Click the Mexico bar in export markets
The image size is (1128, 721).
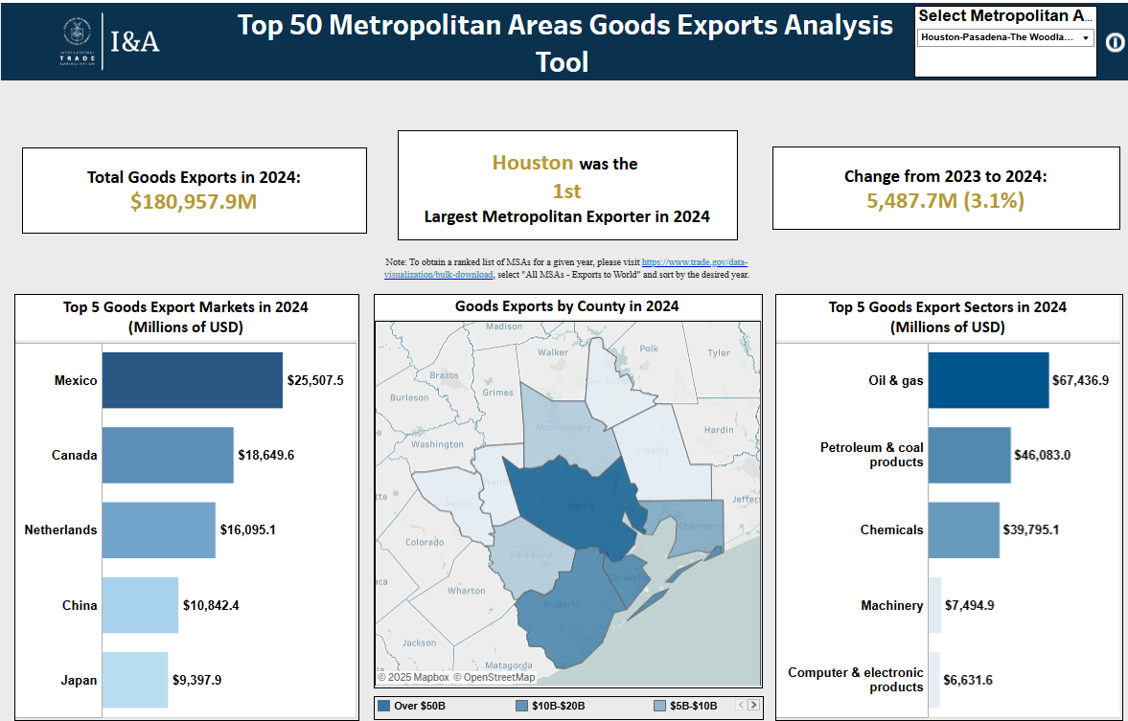(192, 380)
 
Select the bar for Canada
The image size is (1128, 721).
(168, 455)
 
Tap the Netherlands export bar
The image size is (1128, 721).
(158, 529)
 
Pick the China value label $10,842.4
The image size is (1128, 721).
(211, 605)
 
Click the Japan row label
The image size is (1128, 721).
(80, 680)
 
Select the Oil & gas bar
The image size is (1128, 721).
(987, 380)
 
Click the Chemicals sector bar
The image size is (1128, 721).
(963, 529)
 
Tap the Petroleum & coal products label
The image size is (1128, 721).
(871, 455)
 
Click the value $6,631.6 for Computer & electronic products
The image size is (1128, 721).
(968, 680)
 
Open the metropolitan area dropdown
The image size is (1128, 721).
(1005, 37)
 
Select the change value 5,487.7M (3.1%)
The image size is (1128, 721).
(945, 201)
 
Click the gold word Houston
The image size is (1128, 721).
(533, 163)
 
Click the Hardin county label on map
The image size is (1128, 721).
(718, 430)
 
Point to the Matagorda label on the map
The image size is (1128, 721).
(509, 665)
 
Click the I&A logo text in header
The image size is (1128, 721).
(135, 41)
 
